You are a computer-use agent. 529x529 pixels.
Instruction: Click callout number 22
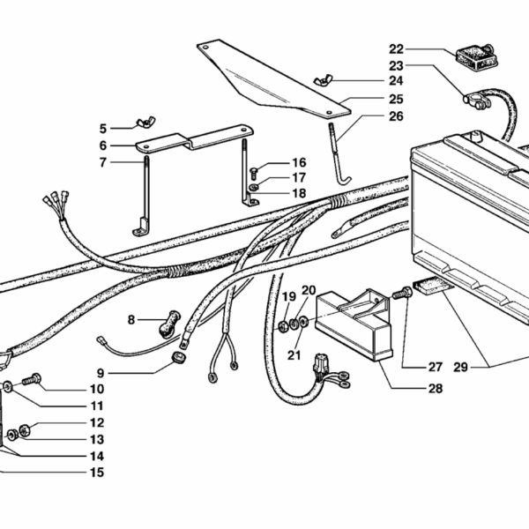pyautogui.click(x=396, y=48)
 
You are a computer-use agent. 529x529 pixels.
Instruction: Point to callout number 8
pyautogui.click(x=130, y=320)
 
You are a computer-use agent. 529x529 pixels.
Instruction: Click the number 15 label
pyautogui.click(x=96, y=473)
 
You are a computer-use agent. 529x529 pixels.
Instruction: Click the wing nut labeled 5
pyautogui.click(x=145, y=121)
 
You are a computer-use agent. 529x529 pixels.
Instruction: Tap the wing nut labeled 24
pyautogui.click(x=319, y=82)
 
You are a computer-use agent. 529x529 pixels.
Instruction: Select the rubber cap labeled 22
pyautogui.click(x=473, y=57)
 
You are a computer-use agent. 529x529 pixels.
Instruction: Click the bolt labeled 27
pyautogui.click(x=404, y=291)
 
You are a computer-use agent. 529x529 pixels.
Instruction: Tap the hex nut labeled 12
pyautogui.click(x=25, y=429)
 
